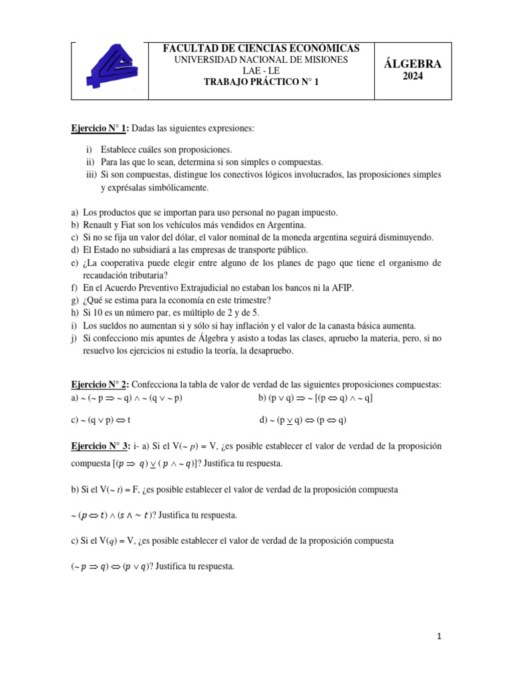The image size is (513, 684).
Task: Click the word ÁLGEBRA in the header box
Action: pos(413,65)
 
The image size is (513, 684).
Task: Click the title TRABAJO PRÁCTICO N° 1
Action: pos(261,82)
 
